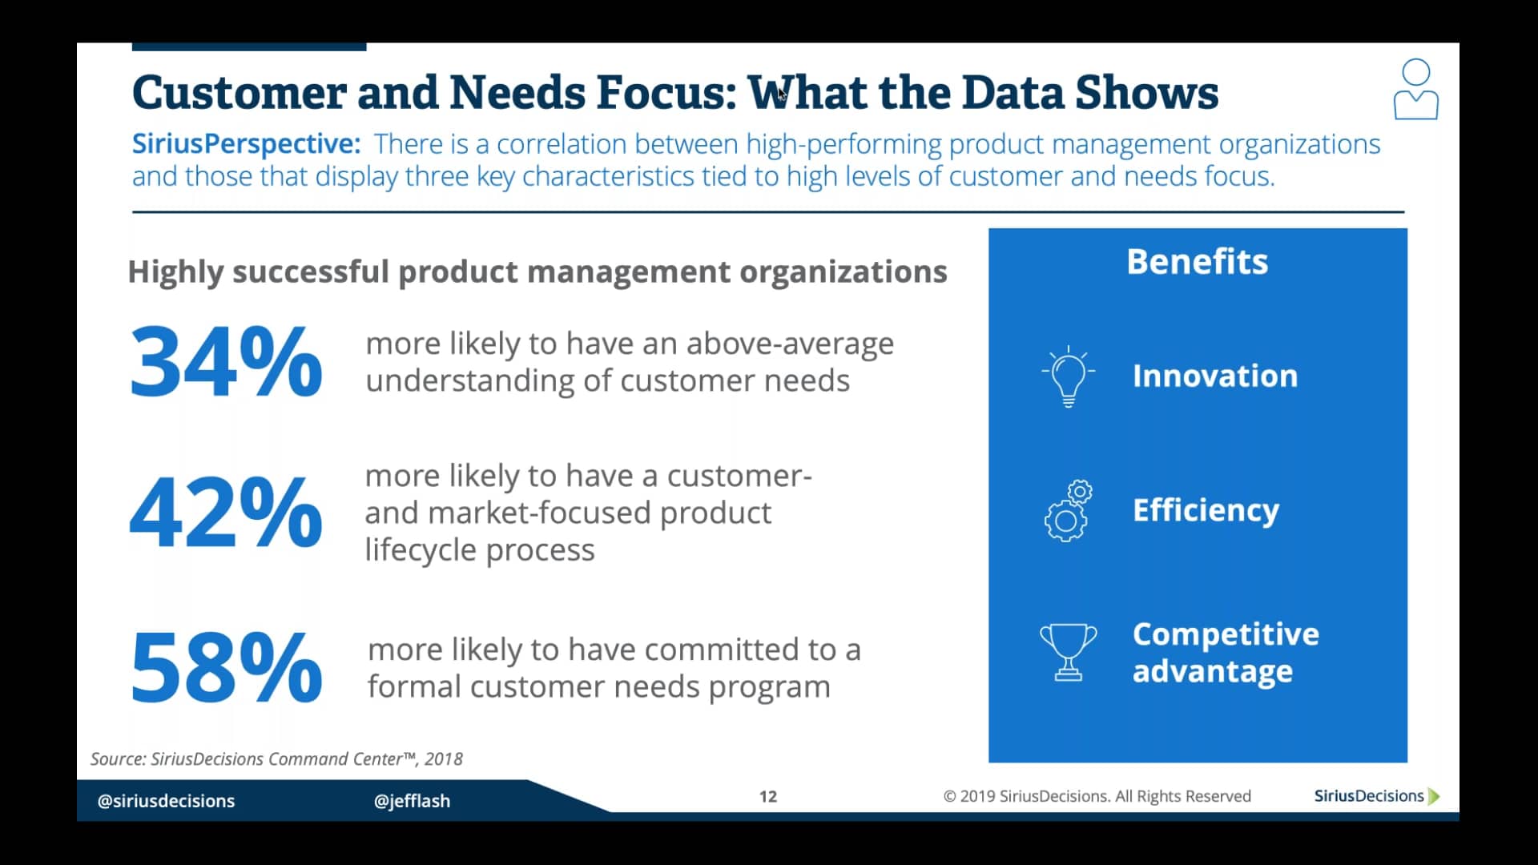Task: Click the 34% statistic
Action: [226, 362]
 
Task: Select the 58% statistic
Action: [226, 667]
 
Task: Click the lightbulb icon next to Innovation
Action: [1068, 376]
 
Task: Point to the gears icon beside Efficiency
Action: [1068, 511]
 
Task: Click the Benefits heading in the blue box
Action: [1197, 262]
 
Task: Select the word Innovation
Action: [1214, 376]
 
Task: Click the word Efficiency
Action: [1206, 510]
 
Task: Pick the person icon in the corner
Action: [1415, 90]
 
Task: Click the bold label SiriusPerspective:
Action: [246, 144]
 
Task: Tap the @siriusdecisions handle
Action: [166, 801]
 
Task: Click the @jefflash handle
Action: [412, 801]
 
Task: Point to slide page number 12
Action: [767, 796]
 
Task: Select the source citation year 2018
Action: [444, 759]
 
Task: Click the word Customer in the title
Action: [238, 93]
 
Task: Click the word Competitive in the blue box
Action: [1225, 634]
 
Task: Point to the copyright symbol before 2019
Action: [950, 796]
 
